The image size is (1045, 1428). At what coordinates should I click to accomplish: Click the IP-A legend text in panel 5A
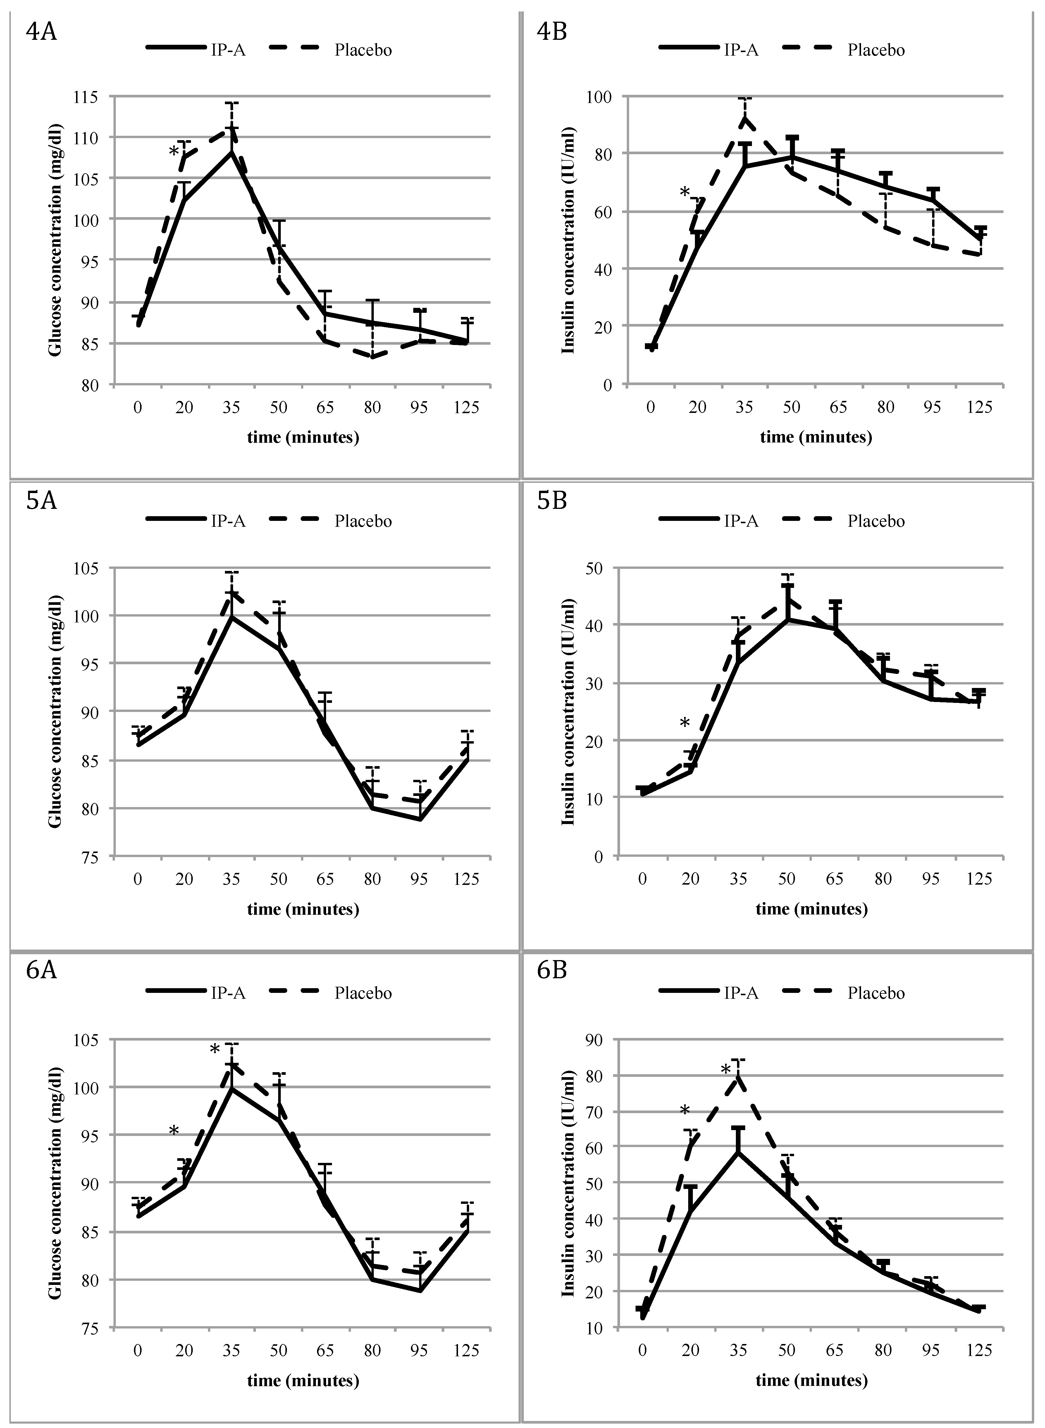(x=228, y=521)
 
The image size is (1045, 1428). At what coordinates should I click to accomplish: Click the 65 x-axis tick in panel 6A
(x=325, y=1351)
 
